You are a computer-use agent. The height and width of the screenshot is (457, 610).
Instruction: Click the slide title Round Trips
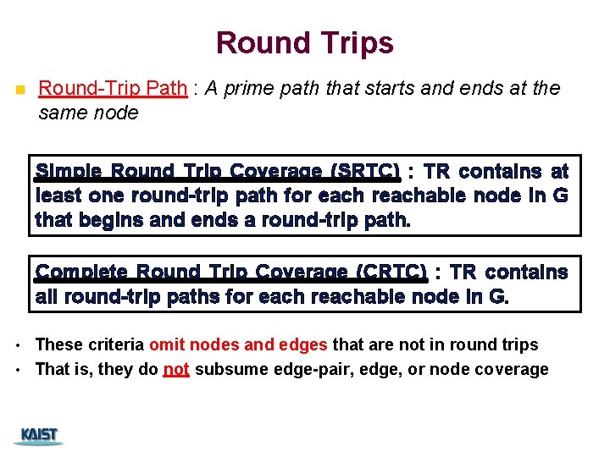pyautogui.click(x=304, y=42)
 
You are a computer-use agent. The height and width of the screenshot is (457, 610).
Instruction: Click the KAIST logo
pyautogui.click(x=39, y=436)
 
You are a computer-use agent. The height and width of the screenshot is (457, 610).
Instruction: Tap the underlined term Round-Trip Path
pyautogui.click(x=113, y=89)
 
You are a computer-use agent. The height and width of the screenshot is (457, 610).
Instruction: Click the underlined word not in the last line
pyautogui.click(x=175, y=370)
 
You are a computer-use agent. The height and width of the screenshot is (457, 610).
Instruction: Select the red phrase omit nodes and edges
pyautogui.click(x=239, y=344)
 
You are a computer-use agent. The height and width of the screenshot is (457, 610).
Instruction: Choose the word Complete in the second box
pyautogui.click(x=82, y=273)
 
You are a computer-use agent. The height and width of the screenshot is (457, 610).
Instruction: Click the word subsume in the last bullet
pyautogui.click(x=226, y=370)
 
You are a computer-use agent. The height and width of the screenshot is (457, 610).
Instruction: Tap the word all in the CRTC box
pyautogui.click(x=47, y=297)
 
